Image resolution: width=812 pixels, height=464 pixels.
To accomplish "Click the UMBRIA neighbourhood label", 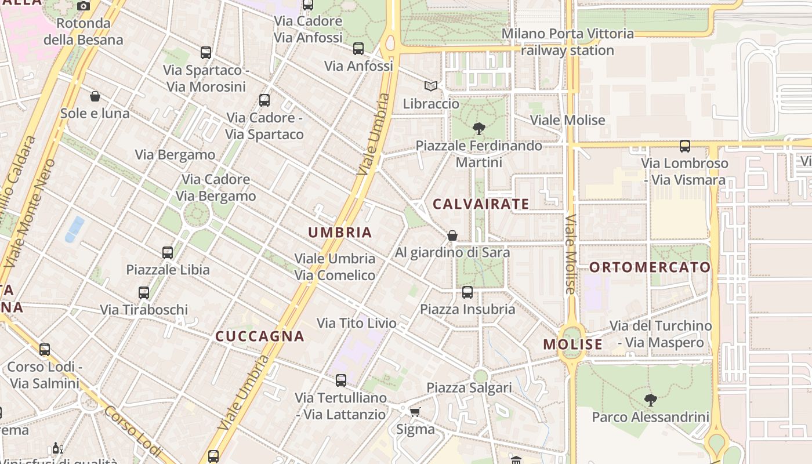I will click(340, 233).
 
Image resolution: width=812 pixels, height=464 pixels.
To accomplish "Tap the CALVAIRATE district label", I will click(481, 204).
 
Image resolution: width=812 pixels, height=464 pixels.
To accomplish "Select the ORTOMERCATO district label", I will click(650, 267).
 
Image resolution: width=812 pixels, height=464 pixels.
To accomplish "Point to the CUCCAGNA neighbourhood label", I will click(260, 336).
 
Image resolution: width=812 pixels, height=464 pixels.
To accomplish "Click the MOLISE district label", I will click(573, 345).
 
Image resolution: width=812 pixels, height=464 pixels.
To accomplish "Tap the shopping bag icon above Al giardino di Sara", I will click(452, 235).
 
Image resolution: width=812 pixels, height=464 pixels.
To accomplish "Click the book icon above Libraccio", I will click(430, 86).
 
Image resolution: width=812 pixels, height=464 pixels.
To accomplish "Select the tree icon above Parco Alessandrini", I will click(651, 400).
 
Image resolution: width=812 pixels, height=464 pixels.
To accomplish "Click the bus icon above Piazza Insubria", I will click(467, 292).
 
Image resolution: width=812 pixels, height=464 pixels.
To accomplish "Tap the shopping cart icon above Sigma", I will click(415, 412).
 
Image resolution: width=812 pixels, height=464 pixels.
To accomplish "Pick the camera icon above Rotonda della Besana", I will click(84, 6).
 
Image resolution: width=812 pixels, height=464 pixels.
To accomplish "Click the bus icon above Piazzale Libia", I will click(168, 253).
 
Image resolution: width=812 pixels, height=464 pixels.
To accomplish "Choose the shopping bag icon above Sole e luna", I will click(95, 96).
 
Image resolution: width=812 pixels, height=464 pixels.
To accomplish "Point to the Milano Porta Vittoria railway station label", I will click(567, 42).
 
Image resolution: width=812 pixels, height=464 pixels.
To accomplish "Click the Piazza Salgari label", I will click(469, 387).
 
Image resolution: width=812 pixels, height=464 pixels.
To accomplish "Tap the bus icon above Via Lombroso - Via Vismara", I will click(685, 146).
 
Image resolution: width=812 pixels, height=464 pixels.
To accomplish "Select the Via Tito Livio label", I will click(357, 323).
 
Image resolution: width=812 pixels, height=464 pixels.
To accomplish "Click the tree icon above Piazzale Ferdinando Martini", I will click(479, 128).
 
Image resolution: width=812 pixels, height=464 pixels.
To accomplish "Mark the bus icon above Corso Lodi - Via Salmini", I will click(45, 350).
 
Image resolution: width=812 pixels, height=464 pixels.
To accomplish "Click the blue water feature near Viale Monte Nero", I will click(74, 229).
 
